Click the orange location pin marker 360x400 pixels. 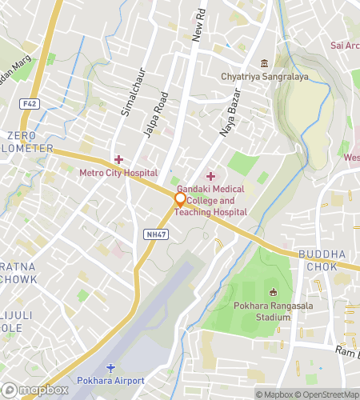(x=180, y=199)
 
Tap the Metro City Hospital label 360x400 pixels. (x=118, y=173)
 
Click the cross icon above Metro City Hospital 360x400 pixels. (x=118, y=160)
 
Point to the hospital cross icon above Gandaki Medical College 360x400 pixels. (x=210, y=175)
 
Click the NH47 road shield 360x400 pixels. (x=157, y=234)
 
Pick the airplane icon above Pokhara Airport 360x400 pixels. (x=110, y=367)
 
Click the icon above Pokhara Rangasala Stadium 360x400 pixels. (x=274, y=292)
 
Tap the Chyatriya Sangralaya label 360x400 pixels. (x=263, y=77)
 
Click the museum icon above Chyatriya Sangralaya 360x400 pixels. (x=264, y=64)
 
